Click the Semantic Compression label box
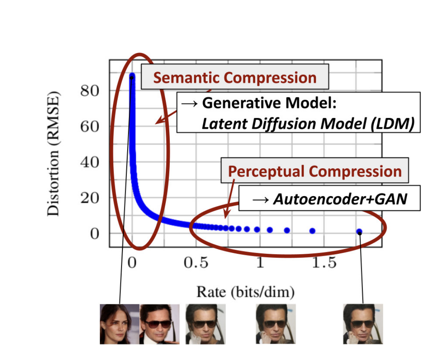(235, 78)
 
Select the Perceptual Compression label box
(314, 171)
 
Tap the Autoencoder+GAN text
(340, 198)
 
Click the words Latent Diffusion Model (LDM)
(308, 124)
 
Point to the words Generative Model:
(269, 103)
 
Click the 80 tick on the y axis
(89, 91)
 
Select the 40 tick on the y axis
(89, 163)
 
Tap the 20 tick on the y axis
(89, 198)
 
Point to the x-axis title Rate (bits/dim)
(245, 292)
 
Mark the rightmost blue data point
(359, 232)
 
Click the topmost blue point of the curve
(132, 76)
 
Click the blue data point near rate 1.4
(312, 231)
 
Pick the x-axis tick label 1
(260, 263)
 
